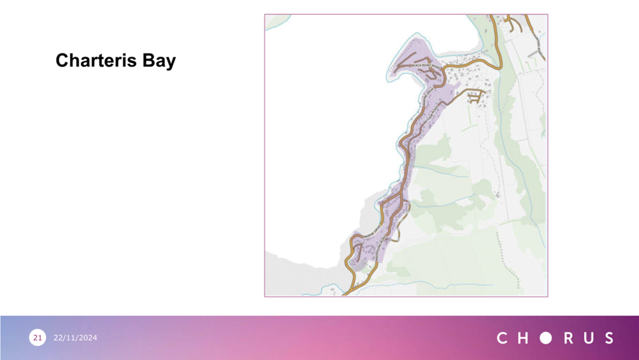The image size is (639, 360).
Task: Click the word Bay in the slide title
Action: [159, 61]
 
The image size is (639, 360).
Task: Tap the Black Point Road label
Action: [422, 65]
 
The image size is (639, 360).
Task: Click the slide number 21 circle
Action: [37, 338]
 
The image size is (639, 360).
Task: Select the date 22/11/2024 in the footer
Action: [75, 338]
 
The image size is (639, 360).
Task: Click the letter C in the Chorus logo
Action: [502, 338]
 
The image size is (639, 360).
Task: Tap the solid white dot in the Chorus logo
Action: [545, 338]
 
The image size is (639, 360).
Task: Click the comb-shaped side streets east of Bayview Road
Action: [475, 97]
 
